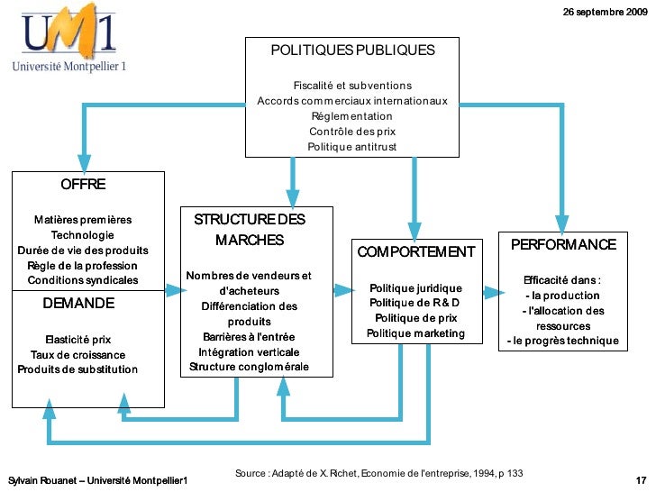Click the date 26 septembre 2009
coord(604,12)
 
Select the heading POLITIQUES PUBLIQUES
coord(352,50)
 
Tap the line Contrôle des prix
coord(351,132)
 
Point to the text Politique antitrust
coord(351,147)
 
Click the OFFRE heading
coord(83,185)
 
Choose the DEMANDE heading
coord(78,304)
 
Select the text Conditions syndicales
coord(83,280)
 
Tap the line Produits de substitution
coord(77,369)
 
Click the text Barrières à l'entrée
coord(248,336)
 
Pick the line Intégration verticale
coord(248,351)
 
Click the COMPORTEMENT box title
coord(415,252)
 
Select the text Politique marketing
coord(415,333)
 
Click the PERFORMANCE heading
coord(563,245)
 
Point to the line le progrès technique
coord(563,341)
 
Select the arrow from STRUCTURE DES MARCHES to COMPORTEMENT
coord(342,290)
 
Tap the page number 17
coord(641,478)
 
